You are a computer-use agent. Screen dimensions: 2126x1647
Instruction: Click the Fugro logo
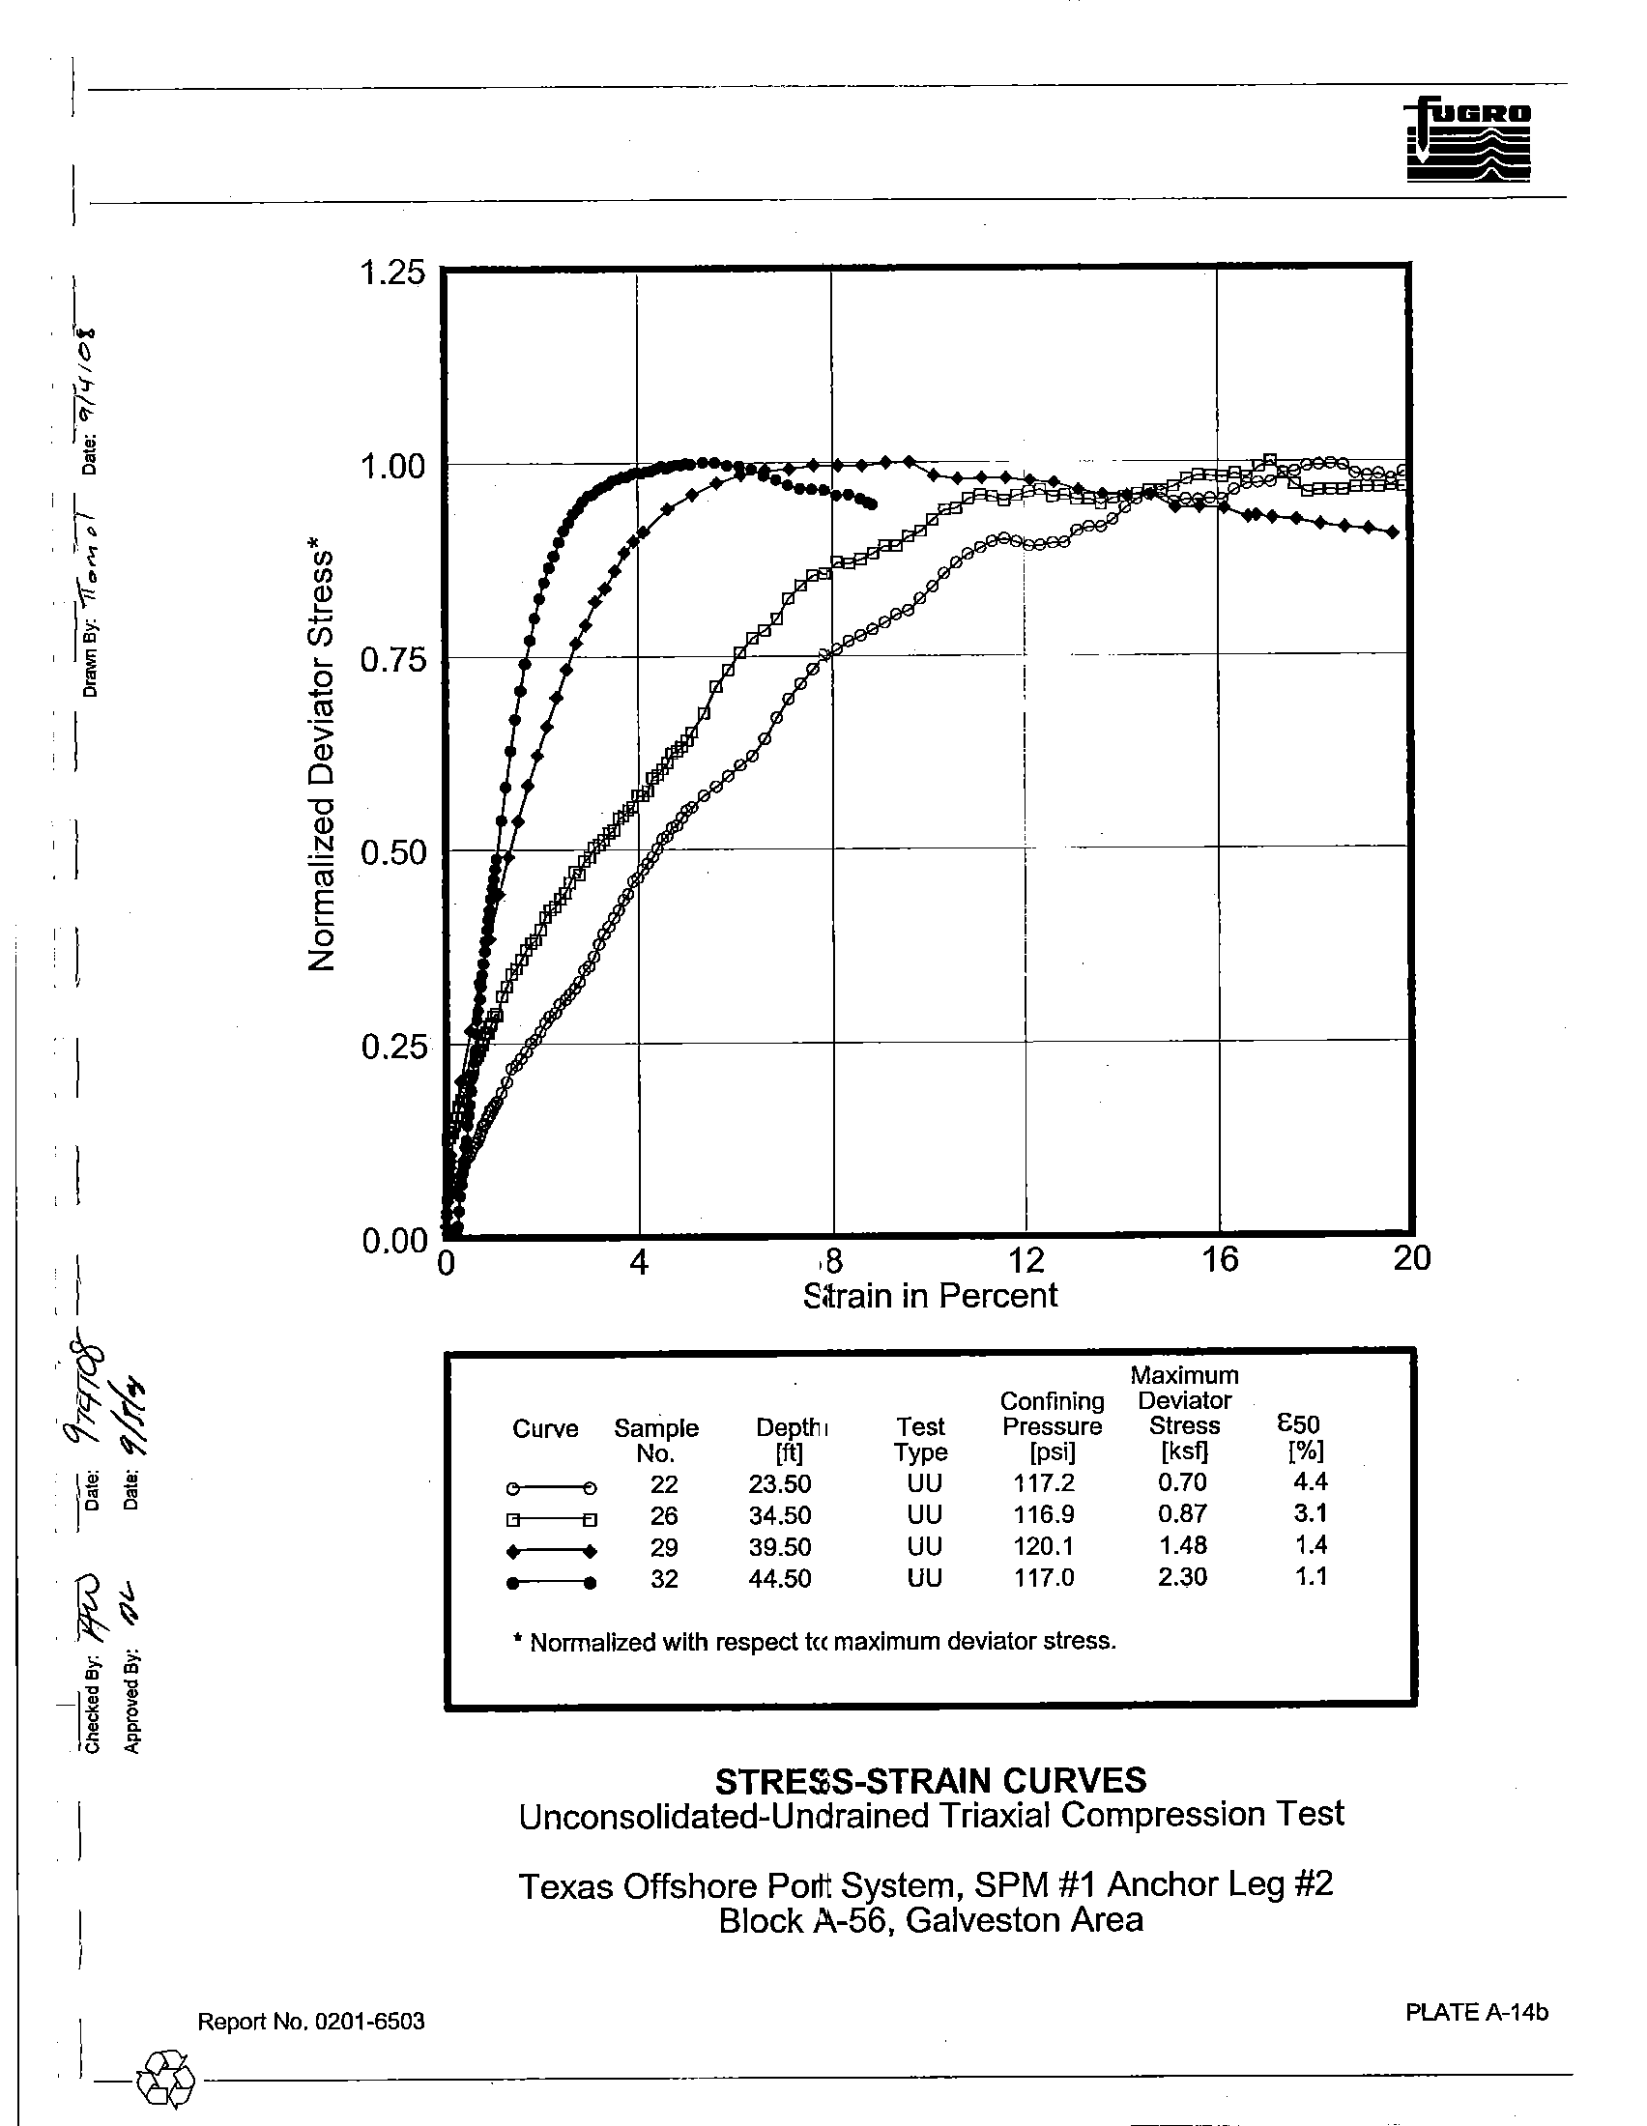(x=1468, y=138)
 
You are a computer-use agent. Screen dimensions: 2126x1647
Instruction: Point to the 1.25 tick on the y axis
(x=392, y=273)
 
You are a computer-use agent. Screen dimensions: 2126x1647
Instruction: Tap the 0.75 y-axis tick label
(x=392, y=660)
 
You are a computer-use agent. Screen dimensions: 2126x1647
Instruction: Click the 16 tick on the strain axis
(x=1219, y=1259)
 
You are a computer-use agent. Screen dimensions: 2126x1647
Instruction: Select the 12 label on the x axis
(x=1026, y=1259)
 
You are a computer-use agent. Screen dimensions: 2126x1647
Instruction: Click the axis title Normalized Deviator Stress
(x=322, y=760)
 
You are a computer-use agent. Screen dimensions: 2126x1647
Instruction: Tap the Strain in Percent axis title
(x=930, y=1296)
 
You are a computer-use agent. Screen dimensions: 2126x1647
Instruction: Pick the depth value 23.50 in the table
(x=779, y=1483)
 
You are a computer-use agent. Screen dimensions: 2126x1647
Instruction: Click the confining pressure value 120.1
(x=1044, y=1546)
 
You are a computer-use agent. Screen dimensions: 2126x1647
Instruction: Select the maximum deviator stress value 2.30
(x=1182, y=1577)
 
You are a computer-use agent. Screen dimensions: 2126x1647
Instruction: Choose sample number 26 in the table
(x=664, y=1515)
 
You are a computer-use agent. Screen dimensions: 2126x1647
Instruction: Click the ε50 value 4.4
(x=1312, y=1481)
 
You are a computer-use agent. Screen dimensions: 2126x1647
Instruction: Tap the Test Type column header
(x=920, y=1439)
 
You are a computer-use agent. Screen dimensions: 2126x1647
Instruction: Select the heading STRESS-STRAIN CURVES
(x=930, y=1780)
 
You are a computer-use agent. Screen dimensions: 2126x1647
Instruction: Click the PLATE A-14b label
(x=1476, y=2011)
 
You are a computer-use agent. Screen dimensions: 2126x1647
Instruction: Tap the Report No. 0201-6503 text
(x=310, y=2021)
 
